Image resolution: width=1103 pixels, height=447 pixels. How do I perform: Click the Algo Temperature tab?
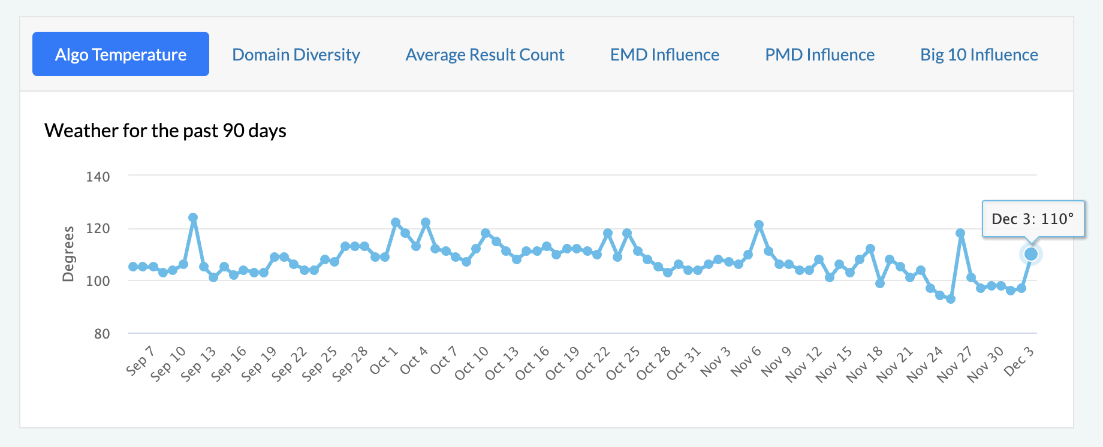[x=120, y=55]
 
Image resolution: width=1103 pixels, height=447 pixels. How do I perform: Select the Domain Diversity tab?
[x=296, y=55]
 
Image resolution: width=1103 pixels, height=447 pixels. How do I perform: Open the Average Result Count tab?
[x=485, y=55]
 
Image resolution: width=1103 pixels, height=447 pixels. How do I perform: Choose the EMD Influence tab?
[x=664, y=55]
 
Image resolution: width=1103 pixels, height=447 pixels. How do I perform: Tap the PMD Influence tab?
[x=819, y=55]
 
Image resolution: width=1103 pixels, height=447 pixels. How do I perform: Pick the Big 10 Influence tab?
[x=979, y=55]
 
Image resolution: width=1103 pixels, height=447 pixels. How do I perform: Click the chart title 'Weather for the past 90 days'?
[x=165, y=131]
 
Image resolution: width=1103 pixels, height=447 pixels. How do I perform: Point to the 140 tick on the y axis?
[x=98, y=177]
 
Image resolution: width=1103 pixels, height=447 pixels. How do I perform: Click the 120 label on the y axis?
[x=98, y=228]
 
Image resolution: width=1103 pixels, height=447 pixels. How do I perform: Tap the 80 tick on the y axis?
[x=102, y=334]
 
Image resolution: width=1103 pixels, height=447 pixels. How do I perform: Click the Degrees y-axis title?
[x=69, y=254]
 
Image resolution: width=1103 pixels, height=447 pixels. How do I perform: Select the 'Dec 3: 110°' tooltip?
[x=1033, y=219]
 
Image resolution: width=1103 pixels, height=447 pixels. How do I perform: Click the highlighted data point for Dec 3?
[x=1031, y=254]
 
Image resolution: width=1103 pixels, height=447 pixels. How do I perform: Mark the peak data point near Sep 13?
[x=193, y=218]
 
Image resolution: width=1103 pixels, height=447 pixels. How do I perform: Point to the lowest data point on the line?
[x=951, y=298]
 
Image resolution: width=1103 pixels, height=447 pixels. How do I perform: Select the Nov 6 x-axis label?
[x=746, y=361]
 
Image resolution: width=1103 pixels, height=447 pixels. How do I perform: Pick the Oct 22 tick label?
[x=593, y=363]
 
